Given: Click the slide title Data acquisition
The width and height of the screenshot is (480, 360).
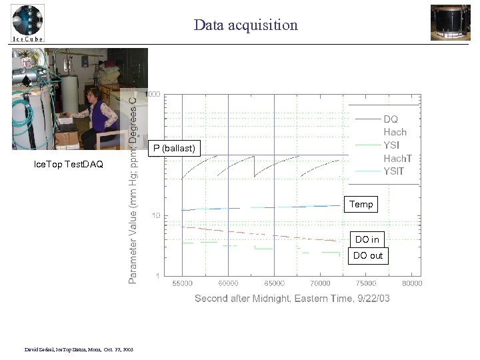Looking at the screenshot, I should point(245,25).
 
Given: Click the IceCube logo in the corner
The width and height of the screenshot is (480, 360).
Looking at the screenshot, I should point(27,23).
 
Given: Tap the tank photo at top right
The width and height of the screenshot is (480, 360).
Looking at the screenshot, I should point(450,22).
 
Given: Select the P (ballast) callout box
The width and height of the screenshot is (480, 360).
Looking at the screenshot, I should point(174,148).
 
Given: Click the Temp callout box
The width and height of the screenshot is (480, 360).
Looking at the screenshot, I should point(361,205).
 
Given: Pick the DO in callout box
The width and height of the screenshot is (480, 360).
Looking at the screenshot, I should point(367,239).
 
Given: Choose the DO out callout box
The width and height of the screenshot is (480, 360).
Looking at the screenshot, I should point(368,255).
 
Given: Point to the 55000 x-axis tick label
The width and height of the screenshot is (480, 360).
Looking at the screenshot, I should point(183,283).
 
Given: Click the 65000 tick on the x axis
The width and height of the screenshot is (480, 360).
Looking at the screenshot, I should point(275,283).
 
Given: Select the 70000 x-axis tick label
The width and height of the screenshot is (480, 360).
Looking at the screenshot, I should point(321,283).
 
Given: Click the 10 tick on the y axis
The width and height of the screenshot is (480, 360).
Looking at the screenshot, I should point(155,216).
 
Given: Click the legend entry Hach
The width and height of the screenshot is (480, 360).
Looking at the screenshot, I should point(395,132).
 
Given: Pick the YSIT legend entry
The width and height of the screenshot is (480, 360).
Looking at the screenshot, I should point(395,171).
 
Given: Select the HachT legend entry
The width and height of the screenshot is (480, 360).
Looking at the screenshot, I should point(398,158).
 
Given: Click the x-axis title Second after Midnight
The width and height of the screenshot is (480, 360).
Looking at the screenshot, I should point(292,298).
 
